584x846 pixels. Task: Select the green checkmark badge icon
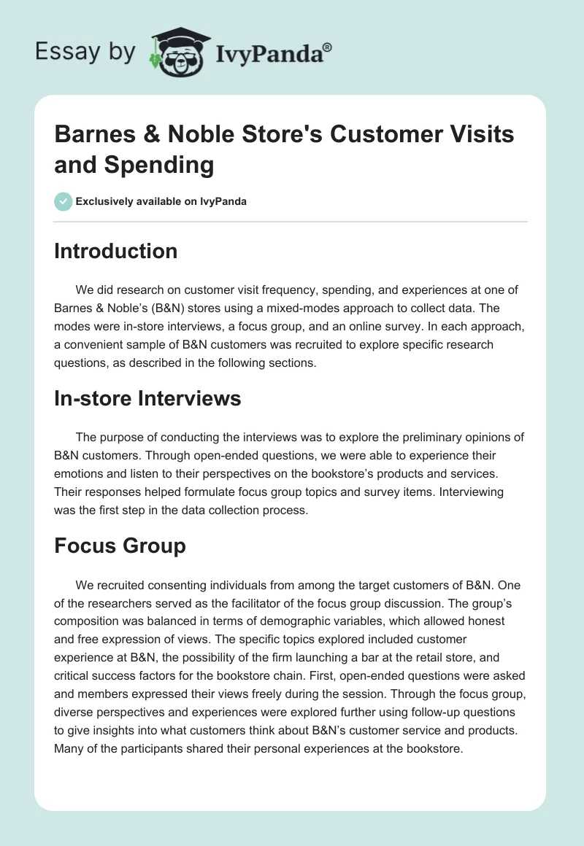click(64, 201)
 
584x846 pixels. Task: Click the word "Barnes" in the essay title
click(96, 134)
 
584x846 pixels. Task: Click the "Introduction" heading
click(116, 251)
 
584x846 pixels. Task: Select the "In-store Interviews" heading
click(147, 399)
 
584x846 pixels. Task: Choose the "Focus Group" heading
click(120, 546)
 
